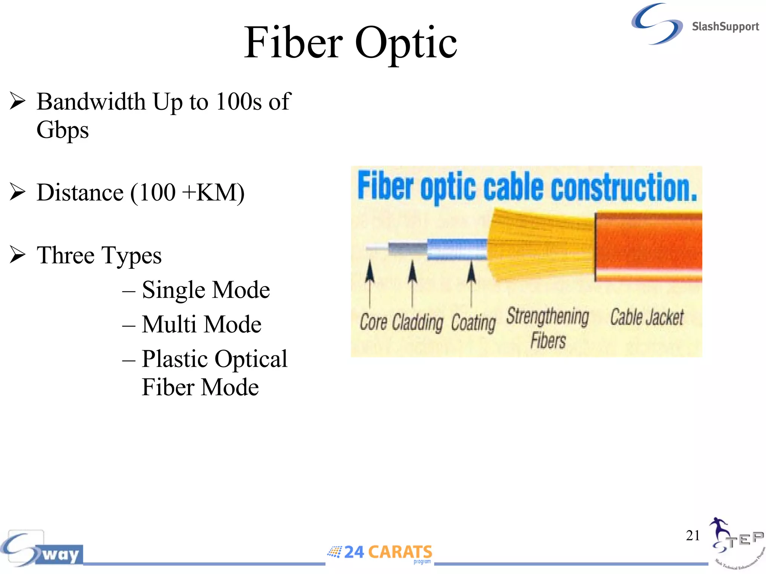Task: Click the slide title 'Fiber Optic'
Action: tap(350, 43)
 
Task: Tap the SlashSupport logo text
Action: tap(725, 27)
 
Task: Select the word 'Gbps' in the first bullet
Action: tap(62, 130)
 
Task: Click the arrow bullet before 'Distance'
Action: tap(17, 192)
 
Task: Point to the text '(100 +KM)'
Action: tap(187, 193)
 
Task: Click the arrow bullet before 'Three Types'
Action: tap(17, 255)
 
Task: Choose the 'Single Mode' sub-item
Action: tap(206, 290)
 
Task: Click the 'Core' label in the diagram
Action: tap(373, 322)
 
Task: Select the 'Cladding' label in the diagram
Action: tap(417, 323)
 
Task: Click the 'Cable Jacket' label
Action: tap(647, 317)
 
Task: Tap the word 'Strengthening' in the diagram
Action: tap(548, 317)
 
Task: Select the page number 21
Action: tap(693, 535)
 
